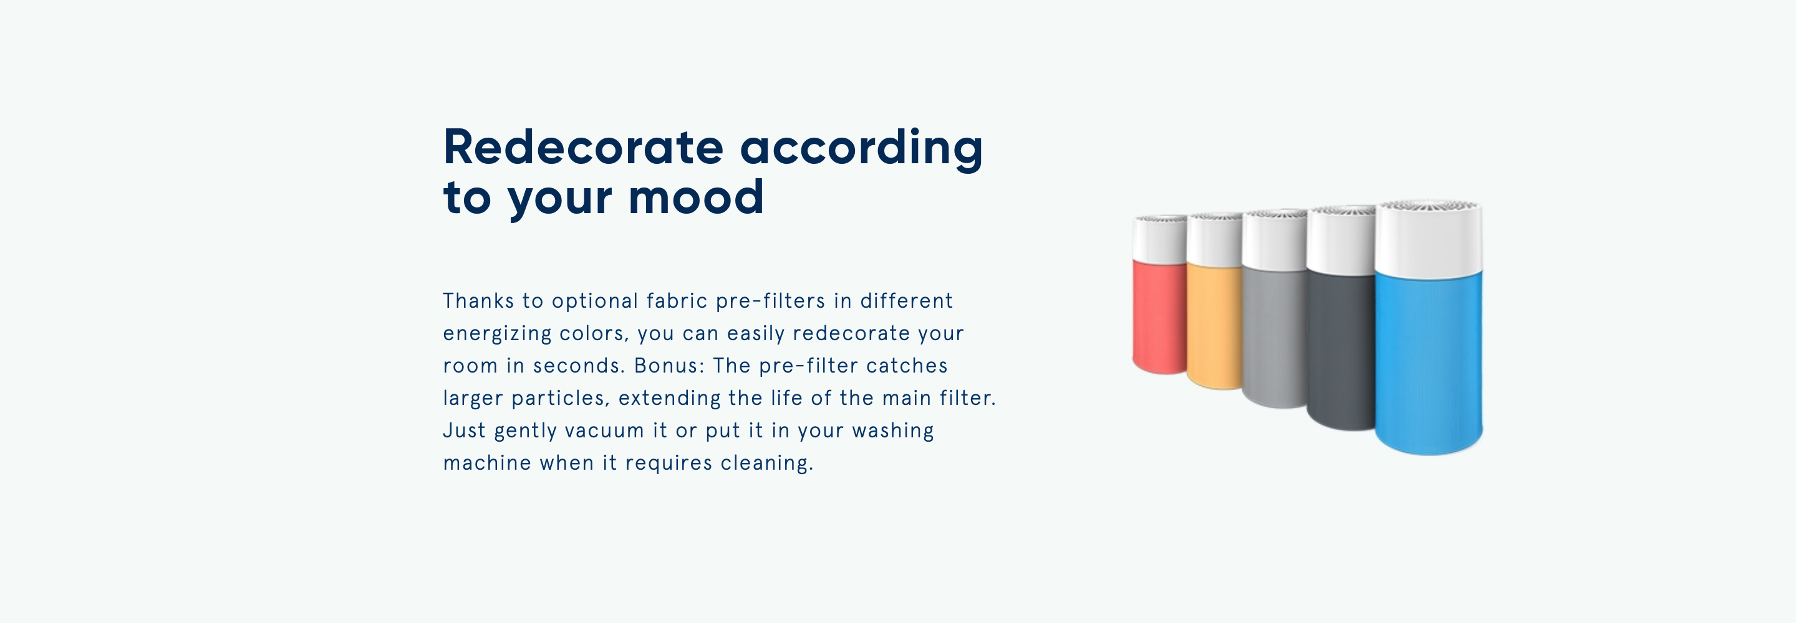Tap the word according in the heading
(x=861, y=149)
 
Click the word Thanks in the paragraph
(x=478, y=300)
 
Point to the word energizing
(x=497, y=335)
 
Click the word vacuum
(x=604, y=430)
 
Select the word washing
(x=893, y=431)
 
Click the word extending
(x=669, y=399)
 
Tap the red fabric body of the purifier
(x=1159, y=317)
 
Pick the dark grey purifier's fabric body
(x=1340, y=350)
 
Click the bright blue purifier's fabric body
(x=1428, y=363)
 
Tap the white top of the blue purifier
(x=1428, y=239)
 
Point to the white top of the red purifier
(x=1159, y=240)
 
